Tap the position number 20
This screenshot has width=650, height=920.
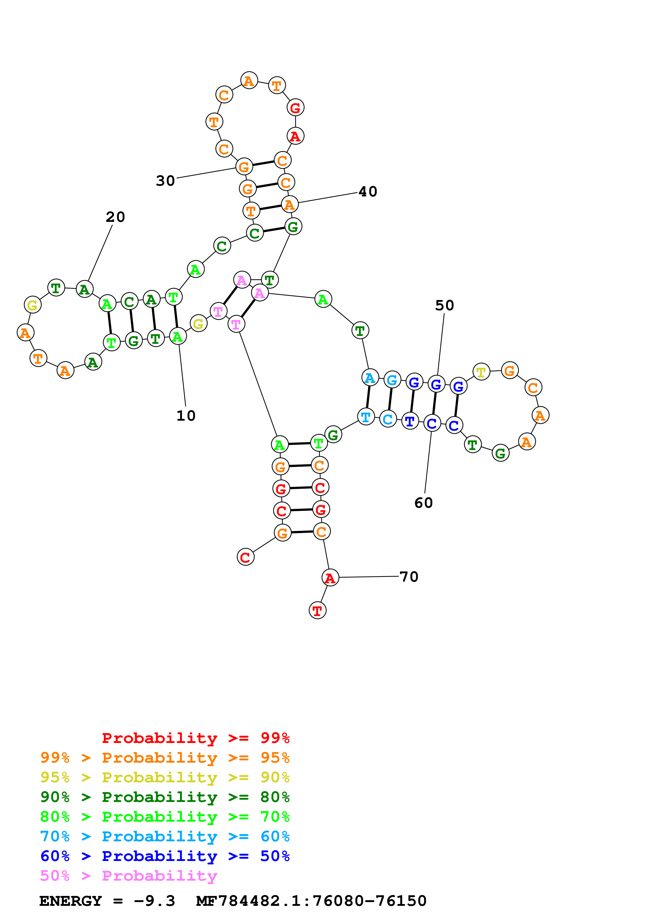pyautogui.click(x=115, y=217)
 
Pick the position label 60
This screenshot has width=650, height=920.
pyautogui.click(x=423, y=503)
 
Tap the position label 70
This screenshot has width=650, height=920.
pyautogui.click(x=409, y=577)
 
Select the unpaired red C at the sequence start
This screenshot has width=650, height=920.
pyautogui.click(x=245, y=557)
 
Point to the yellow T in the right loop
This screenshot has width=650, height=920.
pyautogui.click(x=481, y=372)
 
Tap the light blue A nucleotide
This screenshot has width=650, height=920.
pyautogui.click(x=370, y=377)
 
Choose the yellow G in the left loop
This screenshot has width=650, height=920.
pyautogui.click(x=33, y=305)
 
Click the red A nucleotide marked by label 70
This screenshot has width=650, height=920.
pyautogui.click(x=330, y=578)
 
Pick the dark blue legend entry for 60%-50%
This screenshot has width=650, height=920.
pyautogui.click(x=165, y=856)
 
